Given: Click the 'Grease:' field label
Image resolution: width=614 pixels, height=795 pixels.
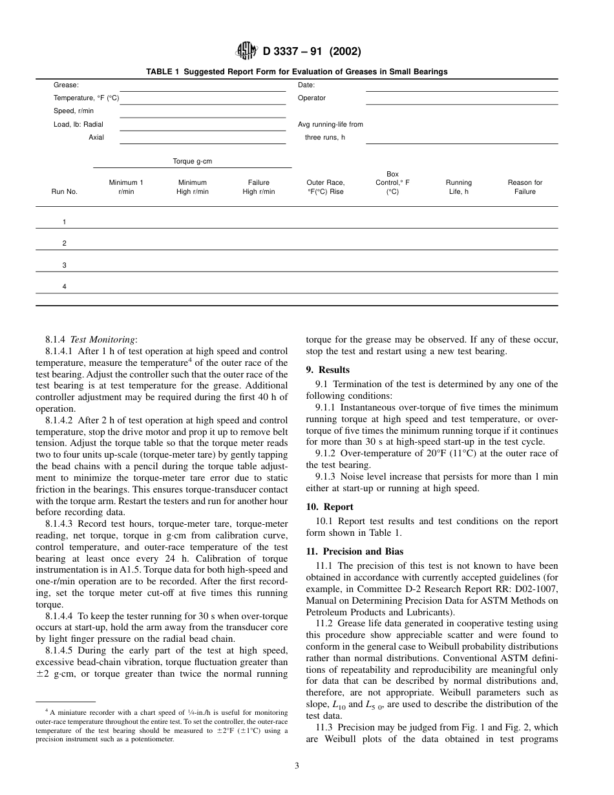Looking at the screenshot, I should click(x=66, y=85).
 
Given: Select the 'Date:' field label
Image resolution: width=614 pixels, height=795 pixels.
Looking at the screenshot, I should click(x=306, y=85).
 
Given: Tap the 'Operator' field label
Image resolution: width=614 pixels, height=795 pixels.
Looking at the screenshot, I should click(x=312, y=98).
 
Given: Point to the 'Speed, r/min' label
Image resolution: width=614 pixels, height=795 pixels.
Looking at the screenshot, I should click(x=73, y=111).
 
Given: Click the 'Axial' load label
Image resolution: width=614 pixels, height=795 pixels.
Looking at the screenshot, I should click(x=96, y=138).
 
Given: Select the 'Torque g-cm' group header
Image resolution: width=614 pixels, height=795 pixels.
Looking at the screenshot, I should click(x=192, y=162).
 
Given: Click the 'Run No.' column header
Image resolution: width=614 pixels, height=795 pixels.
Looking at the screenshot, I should click(x=64, y=192).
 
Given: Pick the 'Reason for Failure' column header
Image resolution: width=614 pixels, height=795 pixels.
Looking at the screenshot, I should click(x=525, y=187).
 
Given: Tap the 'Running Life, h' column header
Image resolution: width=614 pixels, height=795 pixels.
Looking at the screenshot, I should click(x=459, y=187).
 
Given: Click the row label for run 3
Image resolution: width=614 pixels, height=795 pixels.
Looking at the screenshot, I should click(x=64, y=265).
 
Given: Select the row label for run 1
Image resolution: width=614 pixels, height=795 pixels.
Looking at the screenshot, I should click(x=64, y=222).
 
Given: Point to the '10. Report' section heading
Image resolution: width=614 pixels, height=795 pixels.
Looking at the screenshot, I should click(x=330, y=507).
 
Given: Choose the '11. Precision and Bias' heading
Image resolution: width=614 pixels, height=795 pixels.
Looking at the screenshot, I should click(x=354, y=551).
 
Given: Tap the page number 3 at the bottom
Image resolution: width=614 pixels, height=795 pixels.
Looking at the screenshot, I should click(x=297, y=766).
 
